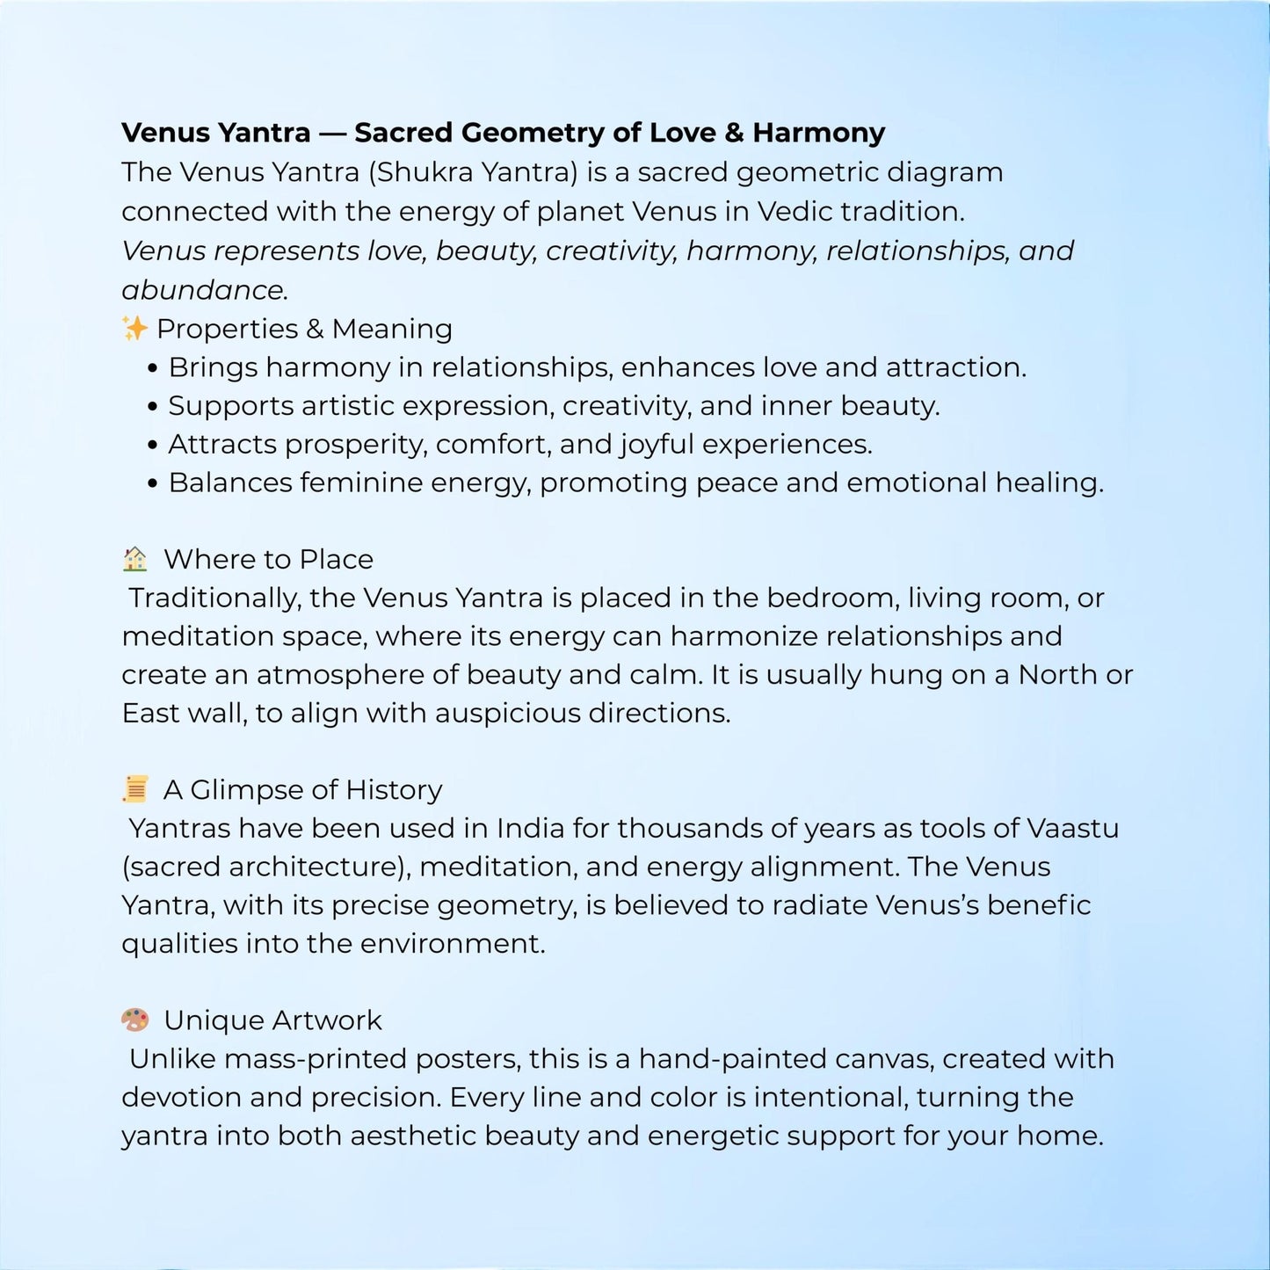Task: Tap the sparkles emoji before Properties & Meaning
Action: click(x=134, y=329)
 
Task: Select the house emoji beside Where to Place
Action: click(x=134, y=559)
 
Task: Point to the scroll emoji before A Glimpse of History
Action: click(x=134, y=789)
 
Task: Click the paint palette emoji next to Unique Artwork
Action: click(x=134, y=1020)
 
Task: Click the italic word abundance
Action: click(x=203, y=290)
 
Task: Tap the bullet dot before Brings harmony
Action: click(x=153, y=369)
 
